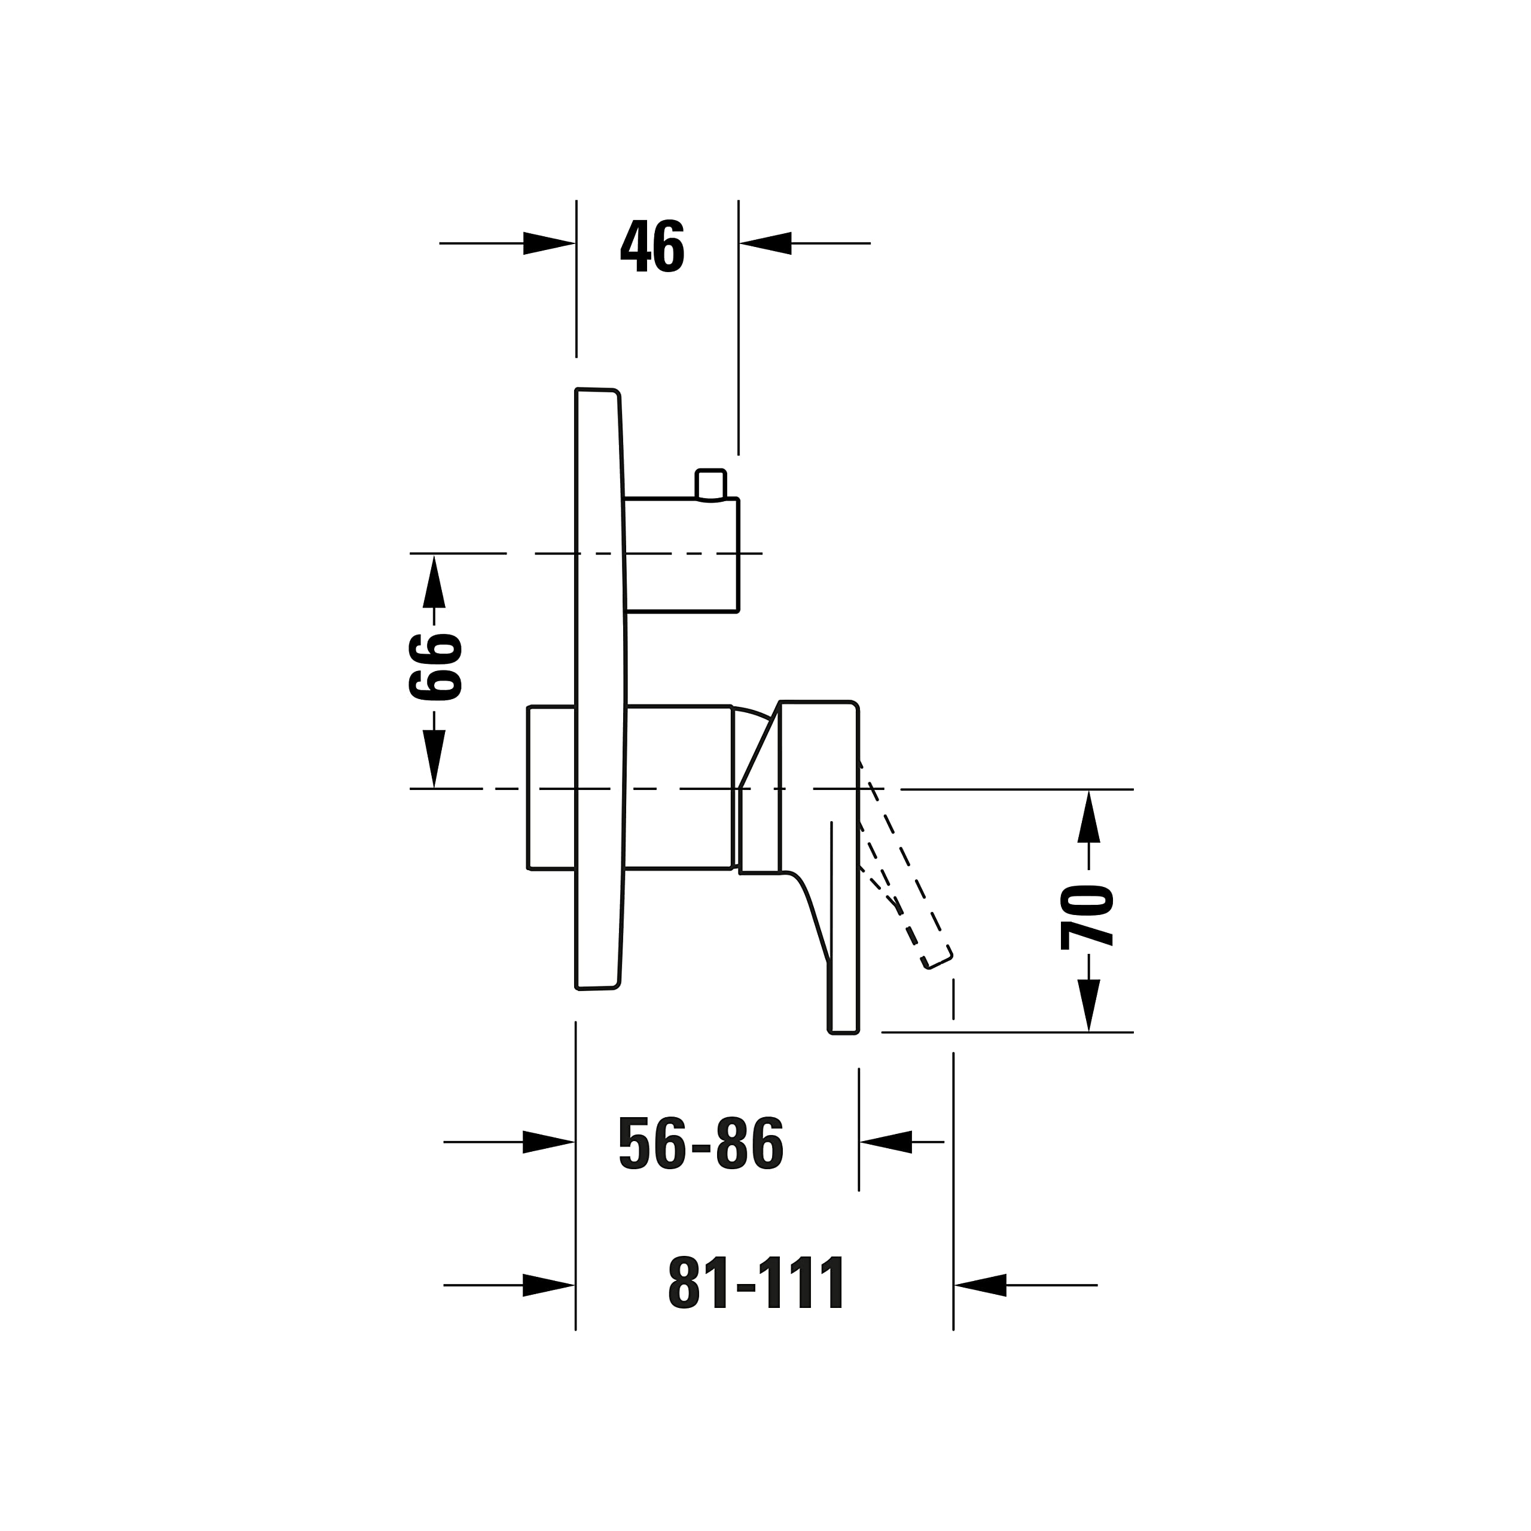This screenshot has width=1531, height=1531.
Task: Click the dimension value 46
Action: [652, 246]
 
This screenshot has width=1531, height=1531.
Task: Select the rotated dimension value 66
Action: [435, 667]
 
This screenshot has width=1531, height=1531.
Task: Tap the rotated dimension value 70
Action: [1087, 917]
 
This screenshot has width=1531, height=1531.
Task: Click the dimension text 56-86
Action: [700, 1143]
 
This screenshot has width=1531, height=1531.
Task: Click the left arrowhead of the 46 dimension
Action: [549, 243]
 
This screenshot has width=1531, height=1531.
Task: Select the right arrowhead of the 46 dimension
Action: [765, 243]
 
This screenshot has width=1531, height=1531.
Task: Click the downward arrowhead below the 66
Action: [434, 758]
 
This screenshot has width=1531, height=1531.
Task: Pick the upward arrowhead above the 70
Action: [1089, 816]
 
